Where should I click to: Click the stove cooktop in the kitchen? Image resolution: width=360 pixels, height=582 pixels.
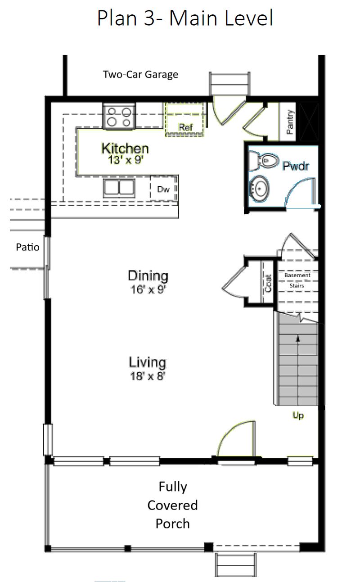[x=119, y=116]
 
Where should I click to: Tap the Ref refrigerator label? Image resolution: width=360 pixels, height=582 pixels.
[x=186, y=127]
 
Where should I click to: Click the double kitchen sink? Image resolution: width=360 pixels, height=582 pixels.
[x=119, y=188]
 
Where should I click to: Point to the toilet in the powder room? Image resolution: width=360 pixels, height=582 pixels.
[x=264, y=161]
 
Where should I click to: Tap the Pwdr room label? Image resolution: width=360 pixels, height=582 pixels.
[x=296, y=166]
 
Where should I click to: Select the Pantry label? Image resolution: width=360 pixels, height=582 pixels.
[x=290, y=122]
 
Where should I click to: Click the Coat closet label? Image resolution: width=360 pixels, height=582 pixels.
[x=268, y=283]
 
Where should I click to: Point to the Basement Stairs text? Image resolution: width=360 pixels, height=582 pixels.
[x=297, y=280]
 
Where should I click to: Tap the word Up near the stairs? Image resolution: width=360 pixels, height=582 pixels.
[x=298, y=415]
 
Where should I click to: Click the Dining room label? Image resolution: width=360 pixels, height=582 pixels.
[x=148, y=275]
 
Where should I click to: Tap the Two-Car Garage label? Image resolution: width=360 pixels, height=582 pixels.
[x=140, y=75]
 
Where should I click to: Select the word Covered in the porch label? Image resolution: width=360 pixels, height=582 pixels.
[x=172, y=505]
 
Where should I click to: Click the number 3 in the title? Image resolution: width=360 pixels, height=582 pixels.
[x=150, y=18]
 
